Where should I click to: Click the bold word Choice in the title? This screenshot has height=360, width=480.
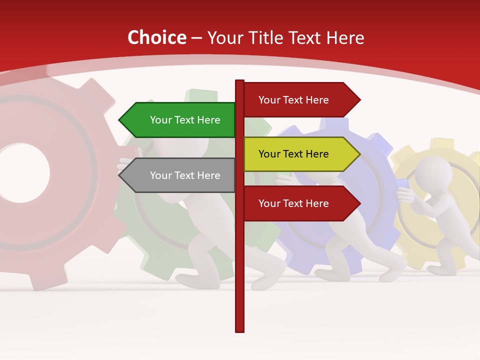[x=156, y=38]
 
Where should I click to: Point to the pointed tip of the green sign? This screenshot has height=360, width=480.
[x=120, y=120]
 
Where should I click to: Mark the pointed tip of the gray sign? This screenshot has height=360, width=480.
[x=120, y=175]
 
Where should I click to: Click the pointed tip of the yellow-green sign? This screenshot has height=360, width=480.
[x=359, y=154]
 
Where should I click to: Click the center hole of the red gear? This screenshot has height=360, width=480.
[x=22, y=172]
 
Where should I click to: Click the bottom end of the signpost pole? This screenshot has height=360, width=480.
[x=240, y=330]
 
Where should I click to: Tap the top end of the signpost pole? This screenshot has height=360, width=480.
[x=240, y=81]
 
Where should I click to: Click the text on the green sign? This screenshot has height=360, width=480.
[x=185, y=120]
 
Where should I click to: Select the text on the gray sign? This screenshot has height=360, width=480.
[x=185, y=175]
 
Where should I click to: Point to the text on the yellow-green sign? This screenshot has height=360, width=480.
[x=293, y=154]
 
